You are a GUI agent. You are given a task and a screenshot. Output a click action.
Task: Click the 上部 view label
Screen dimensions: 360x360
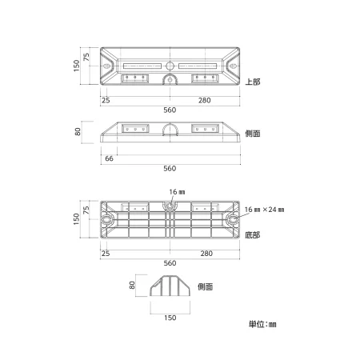[x=253, y=82]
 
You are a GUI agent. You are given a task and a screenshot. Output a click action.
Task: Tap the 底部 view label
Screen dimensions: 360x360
[x=252, y=235]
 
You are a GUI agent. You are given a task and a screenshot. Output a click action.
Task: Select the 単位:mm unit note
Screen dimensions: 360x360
[x=262, y=324]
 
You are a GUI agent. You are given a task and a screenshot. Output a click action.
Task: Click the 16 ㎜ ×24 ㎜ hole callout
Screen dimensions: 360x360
[x=264, y=210]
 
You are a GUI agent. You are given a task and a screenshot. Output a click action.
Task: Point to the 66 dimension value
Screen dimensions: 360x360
[x=109, y=158]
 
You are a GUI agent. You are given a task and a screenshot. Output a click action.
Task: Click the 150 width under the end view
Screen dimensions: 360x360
[x=170, y=318]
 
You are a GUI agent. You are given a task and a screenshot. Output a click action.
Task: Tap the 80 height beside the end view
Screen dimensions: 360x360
[x=132, y=285]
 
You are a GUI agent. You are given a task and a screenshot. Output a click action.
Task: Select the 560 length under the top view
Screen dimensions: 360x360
[x=170, y=110]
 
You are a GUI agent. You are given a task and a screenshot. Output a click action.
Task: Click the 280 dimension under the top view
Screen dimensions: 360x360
[x=205, y=100]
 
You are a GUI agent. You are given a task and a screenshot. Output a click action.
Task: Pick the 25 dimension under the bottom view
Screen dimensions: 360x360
[x=106, y=254]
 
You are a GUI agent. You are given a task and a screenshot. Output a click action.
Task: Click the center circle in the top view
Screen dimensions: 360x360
[x=170, y=66]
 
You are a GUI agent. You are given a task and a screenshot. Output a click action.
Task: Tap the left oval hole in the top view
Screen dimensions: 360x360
[x=106, y=66]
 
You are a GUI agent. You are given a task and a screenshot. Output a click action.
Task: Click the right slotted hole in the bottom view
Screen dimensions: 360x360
[x=233, y=219]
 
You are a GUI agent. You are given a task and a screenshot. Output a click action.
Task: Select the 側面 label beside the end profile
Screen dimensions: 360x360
[x=205, y=287]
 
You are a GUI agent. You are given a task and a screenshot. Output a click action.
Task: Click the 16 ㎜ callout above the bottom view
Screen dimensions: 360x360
[x=177, y=192]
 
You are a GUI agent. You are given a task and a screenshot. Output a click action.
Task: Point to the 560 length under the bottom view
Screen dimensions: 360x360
[x=170, y=263]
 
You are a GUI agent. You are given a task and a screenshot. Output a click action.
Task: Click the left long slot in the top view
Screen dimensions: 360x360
[x=142, y=66]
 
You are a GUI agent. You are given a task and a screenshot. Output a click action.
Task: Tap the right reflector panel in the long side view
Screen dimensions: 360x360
[x=205, y=129]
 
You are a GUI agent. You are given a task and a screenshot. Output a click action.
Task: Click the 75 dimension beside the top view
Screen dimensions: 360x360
[x=86, y=57]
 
